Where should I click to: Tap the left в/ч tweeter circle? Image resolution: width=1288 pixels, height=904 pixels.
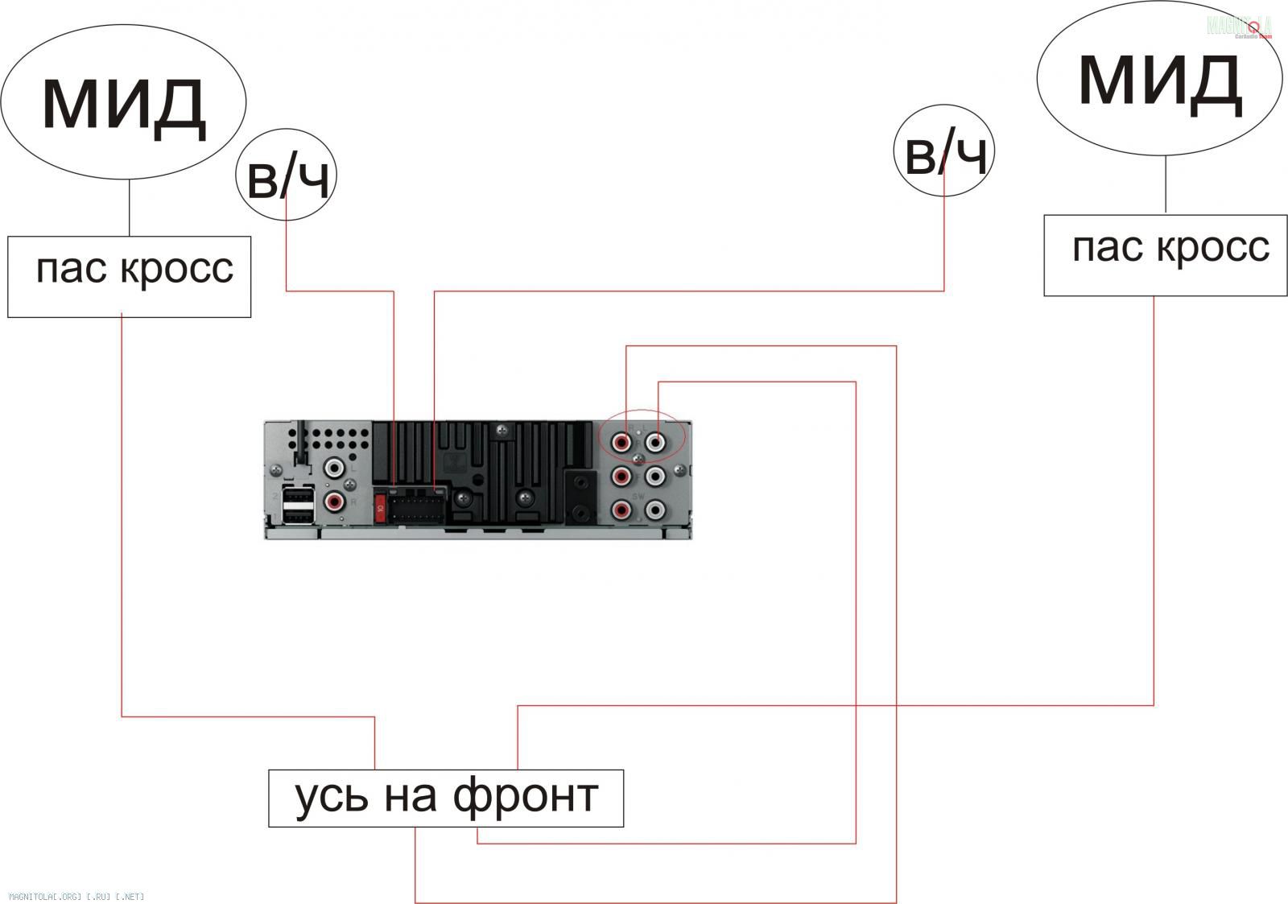[x=287, y=175]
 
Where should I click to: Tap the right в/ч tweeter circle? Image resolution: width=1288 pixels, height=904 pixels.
[x=944, y=152]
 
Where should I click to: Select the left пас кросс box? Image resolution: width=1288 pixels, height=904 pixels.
[x=129, y=276]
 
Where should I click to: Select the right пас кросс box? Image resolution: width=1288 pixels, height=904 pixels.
[x=1165, y=254]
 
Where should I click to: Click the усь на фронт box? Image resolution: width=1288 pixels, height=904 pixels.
[x=445, y=798]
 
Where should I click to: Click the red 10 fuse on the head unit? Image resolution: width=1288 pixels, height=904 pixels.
[x=380, y=507]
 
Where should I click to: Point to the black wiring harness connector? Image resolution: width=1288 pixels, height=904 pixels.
[x=415, y=506]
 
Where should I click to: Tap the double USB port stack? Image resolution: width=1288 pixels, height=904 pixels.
[x=298, y=505]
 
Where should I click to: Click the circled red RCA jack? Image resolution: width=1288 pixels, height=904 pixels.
[x=622, y=441]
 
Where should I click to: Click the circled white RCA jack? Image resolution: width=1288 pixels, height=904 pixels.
[x=656, y=441]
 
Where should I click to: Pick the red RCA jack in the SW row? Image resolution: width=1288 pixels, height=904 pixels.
[x=621, y=510]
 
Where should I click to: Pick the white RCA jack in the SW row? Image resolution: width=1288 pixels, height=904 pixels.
[x=656, y=510]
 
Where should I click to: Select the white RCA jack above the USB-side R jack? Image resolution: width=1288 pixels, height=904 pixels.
[x=334, y=468]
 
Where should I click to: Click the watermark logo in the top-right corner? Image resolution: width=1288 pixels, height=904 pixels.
[x=1240, y=27]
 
